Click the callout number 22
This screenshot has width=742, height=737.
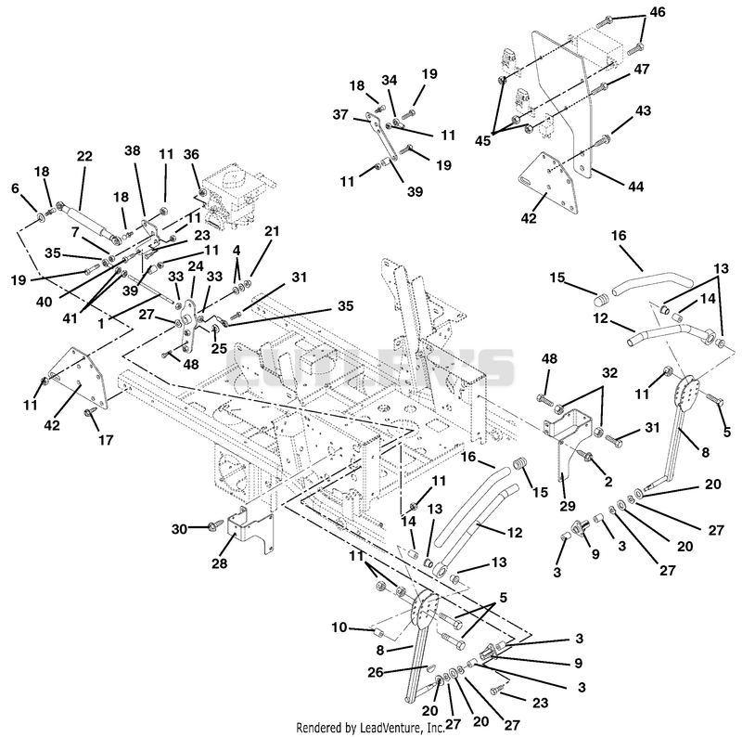[84, 156]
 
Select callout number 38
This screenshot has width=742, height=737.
[133, 150]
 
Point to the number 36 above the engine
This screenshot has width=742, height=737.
[192, 154]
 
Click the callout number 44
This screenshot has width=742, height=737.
[635, 187]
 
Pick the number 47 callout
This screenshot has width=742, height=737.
[642, 70]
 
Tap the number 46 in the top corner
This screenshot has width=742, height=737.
[658, 12]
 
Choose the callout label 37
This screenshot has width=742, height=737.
[340, 114]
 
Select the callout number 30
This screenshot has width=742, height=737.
[179, 528]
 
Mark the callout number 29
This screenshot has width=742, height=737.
[568, 506]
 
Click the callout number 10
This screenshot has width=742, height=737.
[339, 627]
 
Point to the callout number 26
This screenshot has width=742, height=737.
[376, 672]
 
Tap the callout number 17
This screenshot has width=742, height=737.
[106, 440]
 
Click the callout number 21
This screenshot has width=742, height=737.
[272, 231]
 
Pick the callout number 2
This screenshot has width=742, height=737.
[608, 482]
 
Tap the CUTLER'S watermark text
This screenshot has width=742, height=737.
[370, 367]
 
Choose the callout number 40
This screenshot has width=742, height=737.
[44, 302]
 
